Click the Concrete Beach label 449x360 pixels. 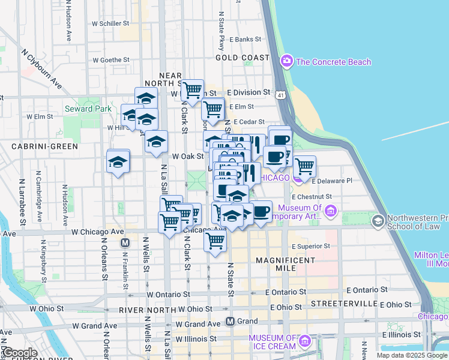[333, 62]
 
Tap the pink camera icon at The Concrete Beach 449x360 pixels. [286, 61]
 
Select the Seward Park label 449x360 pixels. [88, 109]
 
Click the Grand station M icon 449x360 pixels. [230, 321]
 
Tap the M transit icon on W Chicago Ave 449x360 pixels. [125, 243]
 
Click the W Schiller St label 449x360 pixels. [110, 23]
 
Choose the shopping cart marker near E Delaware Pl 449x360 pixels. [304, 166]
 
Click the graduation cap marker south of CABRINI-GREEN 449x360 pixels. [118, 162]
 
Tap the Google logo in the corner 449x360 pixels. [19, 353]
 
